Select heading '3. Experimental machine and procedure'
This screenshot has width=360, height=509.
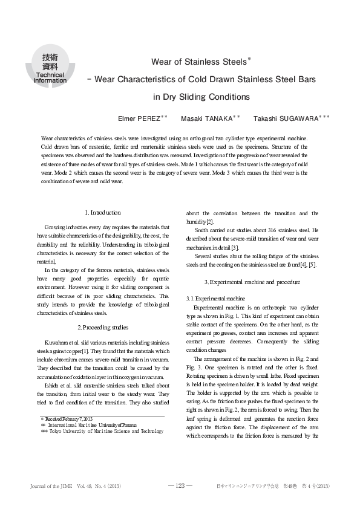click(252, 282)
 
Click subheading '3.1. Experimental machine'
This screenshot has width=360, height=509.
click(215, 299)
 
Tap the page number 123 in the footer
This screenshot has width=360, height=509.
click(180, 485)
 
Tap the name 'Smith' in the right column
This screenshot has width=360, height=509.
click(203, 230)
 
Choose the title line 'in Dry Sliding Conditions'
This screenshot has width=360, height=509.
click(201, 96)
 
